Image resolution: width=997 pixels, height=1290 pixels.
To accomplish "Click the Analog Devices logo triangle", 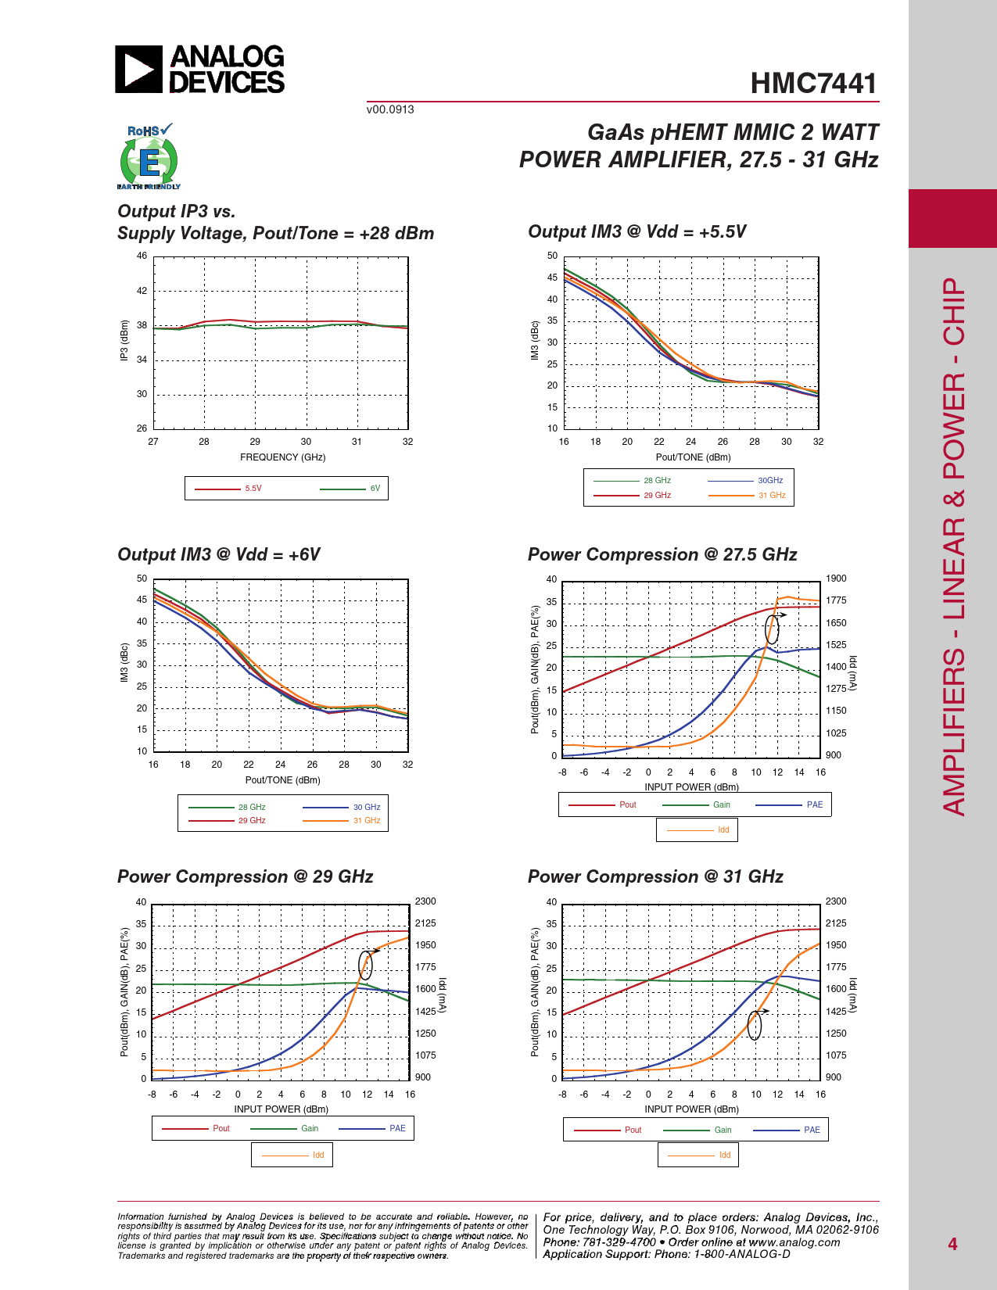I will coord(138,70).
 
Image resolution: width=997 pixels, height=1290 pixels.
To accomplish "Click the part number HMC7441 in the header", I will coord(813,84).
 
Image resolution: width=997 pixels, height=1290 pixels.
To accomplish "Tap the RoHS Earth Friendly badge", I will coord(149,157).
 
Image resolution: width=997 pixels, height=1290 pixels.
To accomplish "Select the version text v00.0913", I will coord(390,109).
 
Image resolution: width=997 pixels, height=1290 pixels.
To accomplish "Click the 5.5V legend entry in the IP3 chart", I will coord(253,489).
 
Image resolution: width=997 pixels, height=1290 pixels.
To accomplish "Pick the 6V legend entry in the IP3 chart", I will coord(375,489).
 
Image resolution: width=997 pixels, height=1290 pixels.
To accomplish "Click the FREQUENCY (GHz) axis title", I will coord(282,457).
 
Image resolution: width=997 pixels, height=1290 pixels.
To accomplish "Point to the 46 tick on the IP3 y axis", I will coord(142,256).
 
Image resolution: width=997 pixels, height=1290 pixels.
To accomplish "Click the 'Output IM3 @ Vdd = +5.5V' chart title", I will coord(637,231).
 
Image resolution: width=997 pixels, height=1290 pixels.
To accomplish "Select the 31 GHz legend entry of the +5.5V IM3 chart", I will coord(771,496).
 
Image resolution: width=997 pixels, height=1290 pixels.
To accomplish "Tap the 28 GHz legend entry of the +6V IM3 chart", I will coord(252,807).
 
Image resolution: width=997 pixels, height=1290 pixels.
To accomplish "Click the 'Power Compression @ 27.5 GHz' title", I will coord(662,554).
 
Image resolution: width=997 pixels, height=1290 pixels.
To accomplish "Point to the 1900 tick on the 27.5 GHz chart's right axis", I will coord(836,579).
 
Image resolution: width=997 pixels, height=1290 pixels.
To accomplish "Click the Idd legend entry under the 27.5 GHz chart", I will coord(723,830).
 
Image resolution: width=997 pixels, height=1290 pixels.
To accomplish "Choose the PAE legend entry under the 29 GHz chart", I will coord(397,1128).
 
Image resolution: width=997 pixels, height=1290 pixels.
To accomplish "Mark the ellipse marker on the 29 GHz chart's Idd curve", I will coord(365,966).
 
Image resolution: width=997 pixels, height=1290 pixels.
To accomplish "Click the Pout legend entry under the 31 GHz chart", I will coord(633,1130).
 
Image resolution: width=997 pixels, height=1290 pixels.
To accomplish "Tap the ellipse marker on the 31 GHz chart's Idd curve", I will coord(754,1025).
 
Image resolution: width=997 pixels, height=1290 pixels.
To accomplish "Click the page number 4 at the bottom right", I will coord(952,1244).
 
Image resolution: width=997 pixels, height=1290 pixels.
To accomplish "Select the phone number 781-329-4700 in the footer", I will coord(619,1242).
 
